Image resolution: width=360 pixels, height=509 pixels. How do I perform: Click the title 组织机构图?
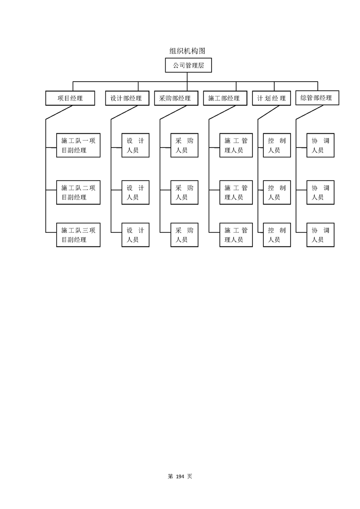click(x=184, y=51)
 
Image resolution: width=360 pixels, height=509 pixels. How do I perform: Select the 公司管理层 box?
click(x=188, y=65)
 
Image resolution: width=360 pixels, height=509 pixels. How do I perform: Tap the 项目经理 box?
click(x=70, y=98)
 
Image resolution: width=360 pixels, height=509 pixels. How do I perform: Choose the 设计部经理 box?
click(x=127, y=98)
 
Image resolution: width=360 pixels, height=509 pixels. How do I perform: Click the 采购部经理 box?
click(x=175, y=98)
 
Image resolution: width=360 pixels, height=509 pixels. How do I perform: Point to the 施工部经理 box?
click(x=224, y=98)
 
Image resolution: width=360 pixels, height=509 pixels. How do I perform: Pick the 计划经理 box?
click(x=271, y=98)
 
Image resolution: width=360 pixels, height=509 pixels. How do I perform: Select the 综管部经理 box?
click(x=316, y=98)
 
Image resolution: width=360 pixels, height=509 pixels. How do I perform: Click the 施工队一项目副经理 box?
click(x=78, y=145)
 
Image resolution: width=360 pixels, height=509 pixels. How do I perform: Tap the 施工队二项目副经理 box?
click(x=78, y=192)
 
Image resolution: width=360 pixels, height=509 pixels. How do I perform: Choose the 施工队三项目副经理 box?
click(x=78, y=235)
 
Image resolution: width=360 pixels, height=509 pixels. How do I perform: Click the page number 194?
click(x=180, y=476)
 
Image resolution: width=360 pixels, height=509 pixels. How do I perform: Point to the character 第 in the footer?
click(x=170, y=476)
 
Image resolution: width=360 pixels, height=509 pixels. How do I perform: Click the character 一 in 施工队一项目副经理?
click(x=84, y=141)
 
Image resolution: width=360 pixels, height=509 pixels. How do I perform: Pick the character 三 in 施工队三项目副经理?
click(x=84, y=230)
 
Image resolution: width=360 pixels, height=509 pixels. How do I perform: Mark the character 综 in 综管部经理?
click(x=304, y=98)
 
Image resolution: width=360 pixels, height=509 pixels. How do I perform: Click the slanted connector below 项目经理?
click(x=59, y=113)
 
